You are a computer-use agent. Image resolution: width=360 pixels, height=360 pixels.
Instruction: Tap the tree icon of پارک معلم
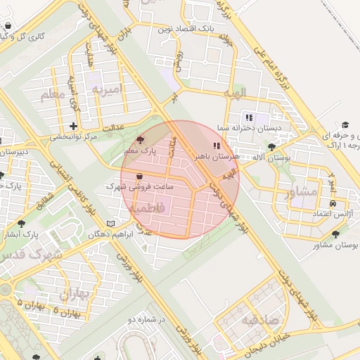139,140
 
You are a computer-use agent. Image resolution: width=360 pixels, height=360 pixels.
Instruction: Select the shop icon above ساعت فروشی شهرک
139,176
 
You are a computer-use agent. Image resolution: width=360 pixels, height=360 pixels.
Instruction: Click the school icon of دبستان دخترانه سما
248,117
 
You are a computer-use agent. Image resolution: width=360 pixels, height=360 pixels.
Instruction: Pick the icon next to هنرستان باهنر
216,146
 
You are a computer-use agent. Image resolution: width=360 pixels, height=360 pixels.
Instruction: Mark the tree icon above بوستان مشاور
335,234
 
